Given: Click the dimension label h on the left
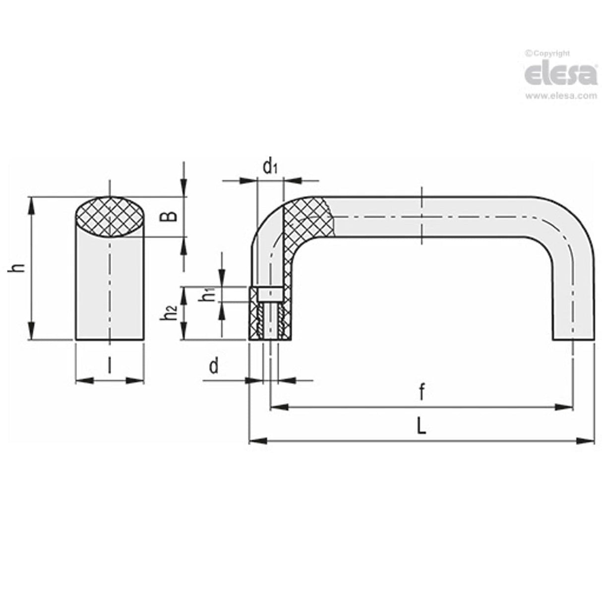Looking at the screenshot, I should pyautogui.click(x=18, y=268).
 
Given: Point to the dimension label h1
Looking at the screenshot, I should pyautogui.click(x=209, y=294).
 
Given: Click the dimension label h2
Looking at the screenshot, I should pyautogui.click(x=171, y=313).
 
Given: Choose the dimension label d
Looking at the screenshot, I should pyautogui.click(x=214, y=366).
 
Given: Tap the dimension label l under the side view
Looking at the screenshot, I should pyautogui.click(x=109, y=365).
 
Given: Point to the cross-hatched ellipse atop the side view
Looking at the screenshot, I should pyautogui.click(x=111, y=217).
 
